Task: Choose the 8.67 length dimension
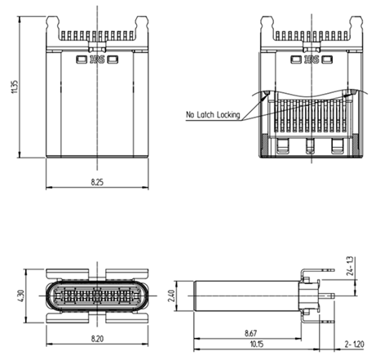[x=252, y=333]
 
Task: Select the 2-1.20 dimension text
[x=356, y=344]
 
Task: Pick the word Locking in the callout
[x=228, y=115]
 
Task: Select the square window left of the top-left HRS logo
[x=81, y=59]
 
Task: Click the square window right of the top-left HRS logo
[x=112, y=59]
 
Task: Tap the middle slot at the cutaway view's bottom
[x=309, y=148]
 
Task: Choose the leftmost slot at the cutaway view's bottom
[x=282, y=148]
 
